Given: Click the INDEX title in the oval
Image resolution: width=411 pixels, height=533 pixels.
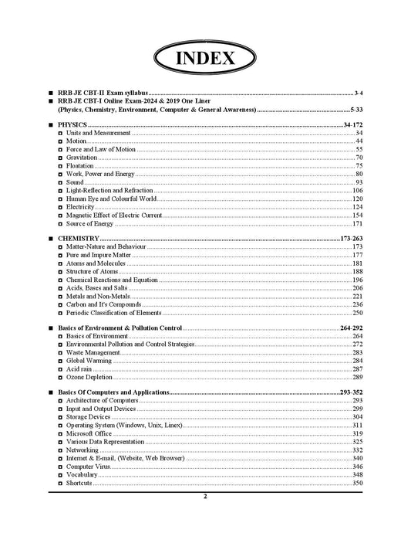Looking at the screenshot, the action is point(205,58).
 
